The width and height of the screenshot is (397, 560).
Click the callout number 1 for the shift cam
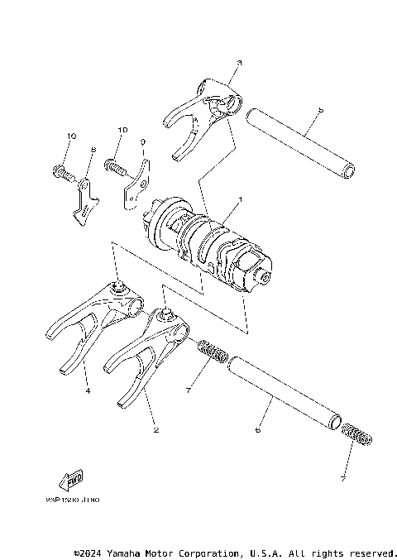click(240, 200)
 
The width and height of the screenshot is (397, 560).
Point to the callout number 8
click(93, 150)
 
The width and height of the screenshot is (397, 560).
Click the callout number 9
click(141, 142)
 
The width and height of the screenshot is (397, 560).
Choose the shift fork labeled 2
click(149, 347)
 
